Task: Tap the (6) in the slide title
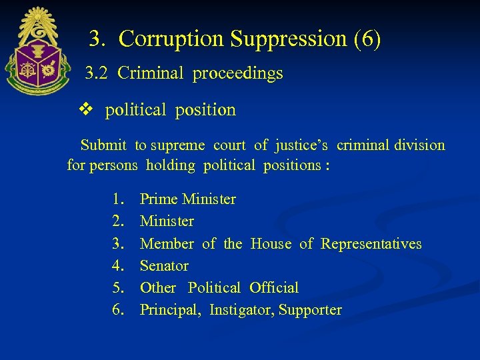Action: tap(367, 39)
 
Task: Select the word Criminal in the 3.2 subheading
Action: tap(150, 73)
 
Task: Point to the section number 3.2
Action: tap(97, 73)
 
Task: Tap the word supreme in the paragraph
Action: tap(178, 145)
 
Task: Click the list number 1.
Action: tap(119, 199)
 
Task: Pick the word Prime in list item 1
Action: tap(159, 199)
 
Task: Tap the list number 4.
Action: tap(119, 266)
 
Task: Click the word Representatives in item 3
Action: tap(371, 244)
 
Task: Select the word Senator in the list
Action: tap(164, 266)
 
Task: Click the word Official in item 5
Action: tap(274, 288)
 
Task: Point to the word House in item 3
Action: tap(271, 244)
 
